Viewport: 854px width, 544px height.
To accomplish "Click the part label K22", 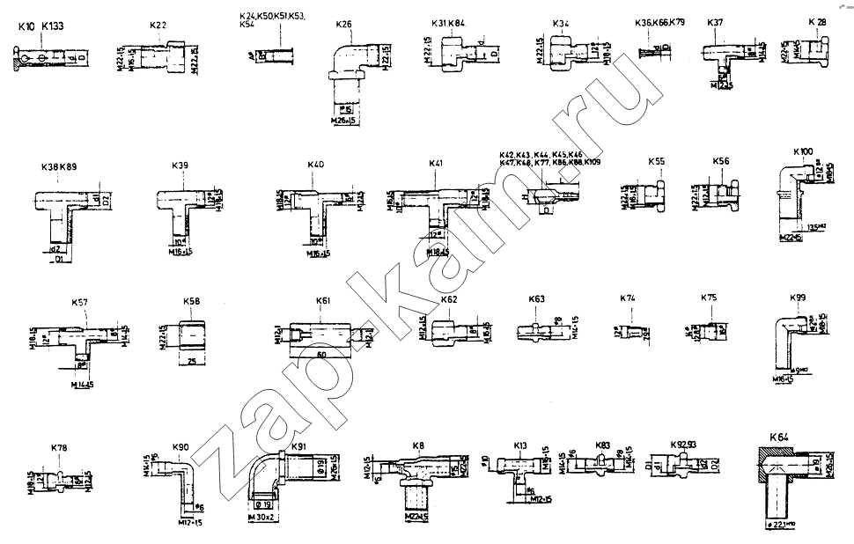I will point(158,26).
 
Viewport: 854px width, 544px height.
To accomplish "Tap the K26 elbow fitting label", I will point(344,25).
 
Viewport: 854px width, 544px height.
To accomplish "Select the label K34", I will point(561,23).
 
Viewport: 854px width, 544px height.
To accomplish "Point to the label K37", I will point(716,22).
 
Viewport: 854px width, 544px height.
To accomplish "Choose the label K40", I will point(315,165).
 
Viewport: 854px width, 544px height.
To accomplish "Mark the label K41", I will point(436,165).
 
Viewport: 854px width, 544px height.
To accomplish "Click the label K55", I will point(657,162).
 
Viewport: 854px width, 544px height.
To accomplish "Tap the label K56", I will point(721,162).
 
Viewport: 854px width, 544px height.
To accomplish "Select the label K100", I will point(802,152).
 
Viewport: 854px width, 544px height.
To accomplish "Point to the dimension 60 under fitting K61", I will point(322,355).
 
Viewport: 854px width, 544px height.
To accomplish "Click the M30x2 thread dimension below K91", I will point(263,518).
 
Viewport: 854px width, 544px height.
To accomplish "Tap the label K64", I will point(779,437).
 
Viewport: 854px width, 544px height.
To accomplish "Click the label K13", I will point(521,445).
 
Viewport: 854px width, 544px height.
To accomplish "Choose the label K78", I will point(59,448).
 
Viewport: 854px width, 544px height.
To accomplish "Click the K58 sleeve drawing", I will point(191,334).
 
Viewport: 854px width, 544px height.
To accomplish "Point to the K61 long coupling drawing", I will point(323,334).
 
